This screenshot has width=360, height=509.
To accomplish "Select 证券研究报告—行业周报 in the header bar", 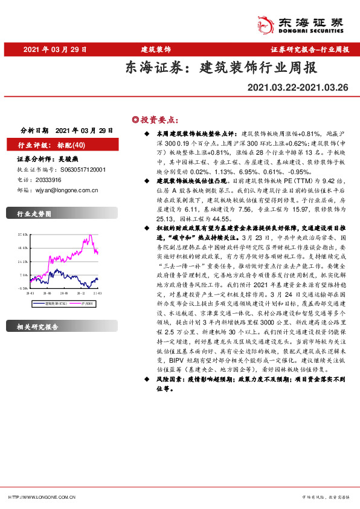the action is (309, 49).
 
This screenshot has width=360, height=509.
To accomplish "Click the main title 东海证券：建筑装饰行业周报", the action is (220, 67).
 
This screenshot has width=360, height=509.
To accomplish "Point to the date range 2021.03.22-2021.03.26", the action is (298, 88).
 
